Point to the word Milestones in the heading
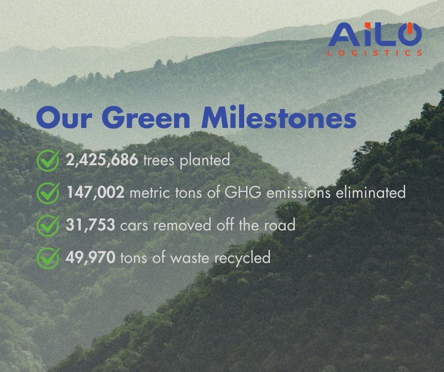(279, 118)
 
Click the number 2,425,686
(102, 161)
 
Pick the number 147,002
(94, 193)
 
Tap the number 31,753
(90, 225)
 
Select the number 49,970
(90, 258)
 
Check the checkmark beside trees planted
(48, 161)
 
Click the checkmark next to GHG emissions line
(48, 193)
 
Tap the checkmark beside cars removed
(48, 225)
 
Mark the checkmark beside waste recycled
(48, 258)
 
